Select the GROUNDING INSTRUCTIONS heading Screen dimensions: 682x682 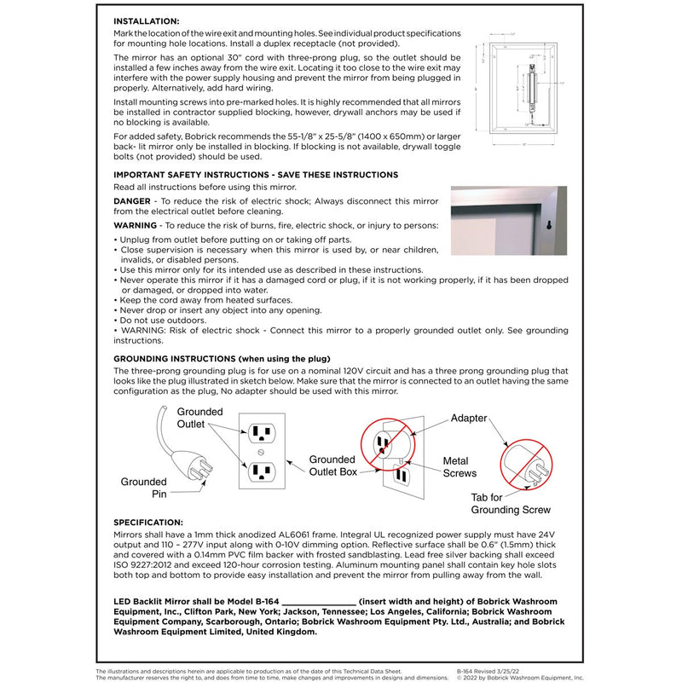click(222, 359)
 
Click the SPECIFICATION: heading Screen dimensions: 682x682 click(147, 522)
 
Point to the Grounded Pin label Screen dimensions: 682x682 click(143, 488)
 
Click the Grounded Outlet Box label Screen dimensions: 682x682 click(332, 465)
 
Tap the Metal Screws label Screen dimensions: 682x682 click(460, 467)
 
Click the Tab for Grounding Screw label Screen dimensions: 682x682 click(511, 504)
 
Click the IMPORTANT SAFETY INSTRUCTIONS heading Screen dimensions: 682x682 click(256, 175)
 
